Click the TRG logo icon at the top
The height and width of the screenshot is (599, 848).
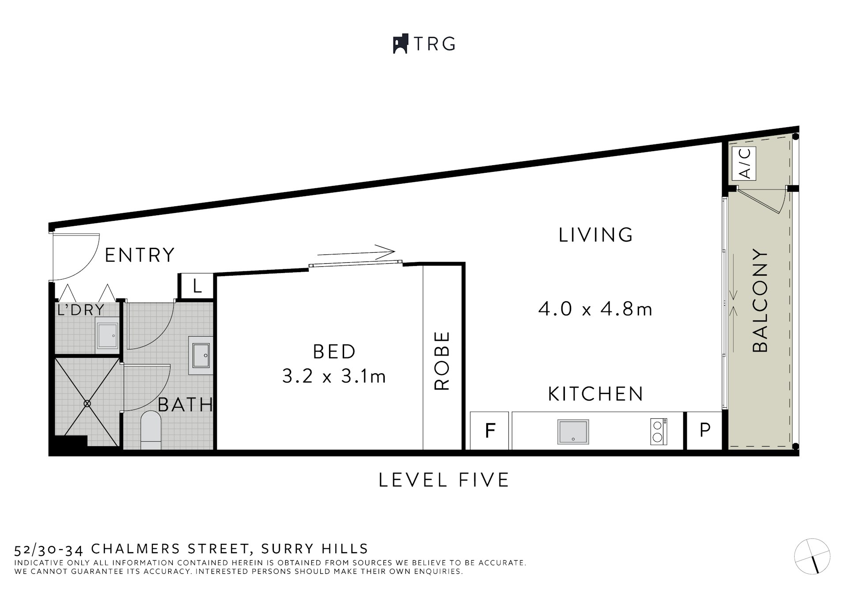tap(400, 44)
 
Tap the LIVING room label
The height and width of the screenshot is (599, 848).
tap(596, 235)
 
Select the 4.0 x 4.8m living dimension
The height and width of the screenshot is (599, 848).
tap(595, 309)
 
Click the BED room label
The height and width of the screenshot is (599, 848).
tap(334, 352)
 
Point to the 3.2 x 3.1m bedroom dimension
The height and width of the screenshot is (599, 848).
tap(334, 376)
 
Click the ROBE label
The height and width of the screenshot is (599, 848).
tap(442, 360)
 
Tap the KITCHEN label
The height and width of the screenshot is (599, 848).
tap(596, 394)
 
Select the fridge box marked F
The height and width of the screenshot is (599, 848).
tap(490, 430)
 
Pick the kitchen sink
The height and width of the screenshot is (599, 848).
tap(573, 432)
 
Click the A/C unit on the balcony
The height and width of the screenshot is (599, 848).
tap(744, 163)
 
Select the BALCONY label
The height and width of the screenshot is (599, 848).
tap(760, 300)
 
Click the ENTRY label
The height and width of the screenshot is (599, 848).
tap(140, 255)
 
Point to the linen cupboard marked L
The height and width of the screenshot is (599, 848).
tap(197, 287)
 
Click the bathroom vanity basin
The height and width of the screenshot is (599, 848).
tap(201, 352)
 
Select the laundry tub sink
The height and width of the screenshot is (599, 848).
tap(107, 337)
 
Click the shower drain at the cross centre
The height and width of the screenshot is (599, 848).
tap(87, 403)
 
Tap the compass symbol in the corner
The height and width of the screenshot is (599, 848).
tap(812, 557)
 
